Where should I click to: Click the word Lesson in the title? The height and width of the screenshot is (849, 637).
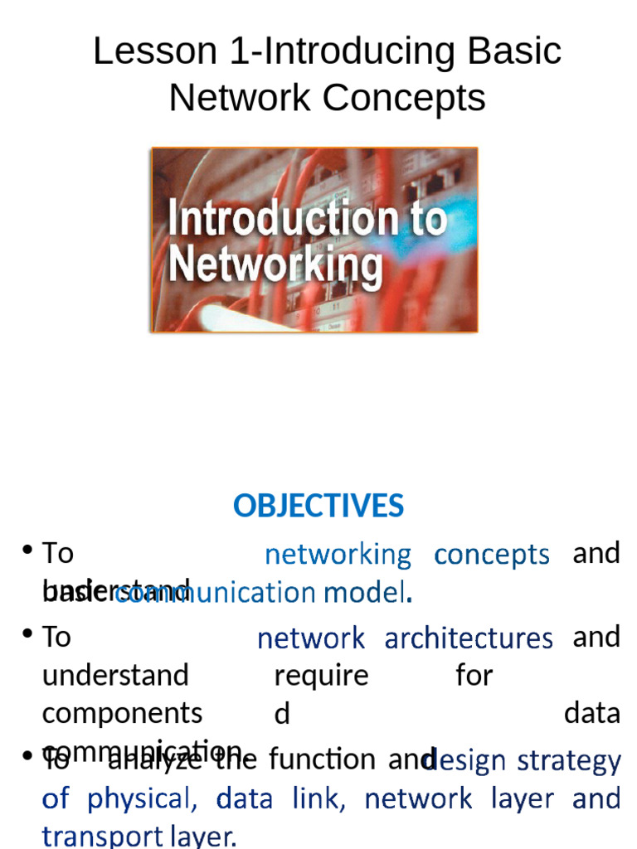[x=142, y=51]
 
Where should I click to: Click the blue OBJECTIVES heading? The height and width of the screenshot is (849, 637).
[x=318, y=506]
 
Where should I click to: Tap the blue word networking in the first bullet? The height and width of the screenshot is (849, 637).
[x=338, y=555]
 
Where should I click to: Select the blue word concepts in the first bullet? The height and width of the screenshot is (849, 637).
[x=492, y=555]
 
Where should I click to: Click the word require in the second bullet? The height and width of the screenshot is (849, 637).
[x=321, y=676]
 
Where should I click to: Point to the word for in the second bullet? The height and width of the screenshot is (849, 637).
[x=474, y=676]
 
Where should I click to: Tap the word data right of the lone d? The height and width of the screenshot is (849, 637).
[x=591, y=713]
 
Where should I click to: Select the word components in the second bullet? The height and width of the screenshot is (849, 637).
[x=122, y=713]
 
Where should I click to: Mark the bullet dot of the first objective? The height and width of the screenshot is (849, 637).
[x=28, y=551]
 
